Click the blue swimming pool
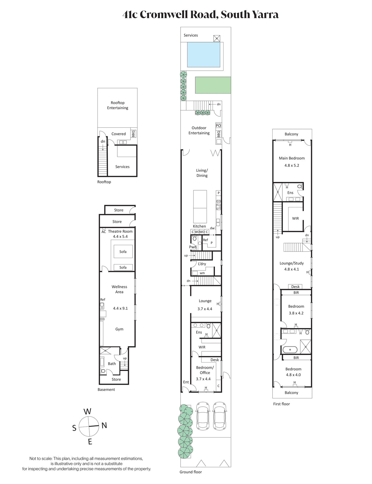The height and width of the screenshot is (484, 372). pos(204,55)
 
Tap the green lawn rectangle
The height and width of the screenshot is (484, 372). pos(213,85)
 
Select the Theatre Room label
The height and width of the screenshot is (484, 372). pos(120,231)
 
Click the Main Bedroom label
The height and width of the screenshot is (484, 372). pos(292,158)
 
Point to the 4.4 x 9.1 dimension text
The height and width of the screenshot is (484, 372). pos(120,308)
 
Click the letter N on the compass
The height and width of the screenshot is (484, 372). pos(104,425)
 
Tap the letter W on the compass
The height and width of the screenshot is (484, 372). pos(87,411)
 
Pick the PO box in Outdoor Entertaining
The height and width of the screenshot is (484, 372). pos(218,126)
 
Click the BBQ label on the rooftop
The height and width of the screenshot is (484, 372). pos(133,134)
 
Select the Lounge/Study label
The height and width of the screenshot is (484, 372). pos(292,263)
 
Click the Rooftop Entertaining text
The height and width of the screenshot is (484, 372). pos(118,105)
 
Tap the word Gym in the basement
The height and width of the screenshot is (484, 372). pos(119,329)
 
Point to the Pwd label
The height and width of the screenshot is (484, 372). pos(193,247)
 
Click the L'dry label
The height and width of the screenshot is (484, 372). pos(202,264)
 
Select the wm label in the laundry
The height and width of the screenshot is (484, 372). pos(202,273)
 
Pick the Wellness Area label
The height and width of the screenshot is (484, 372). pos(119,289)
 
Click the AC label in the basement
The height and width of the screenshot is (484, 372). pos(104,232)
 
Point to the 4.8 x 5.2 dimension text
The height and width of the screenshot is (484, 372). pos(292,165)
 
